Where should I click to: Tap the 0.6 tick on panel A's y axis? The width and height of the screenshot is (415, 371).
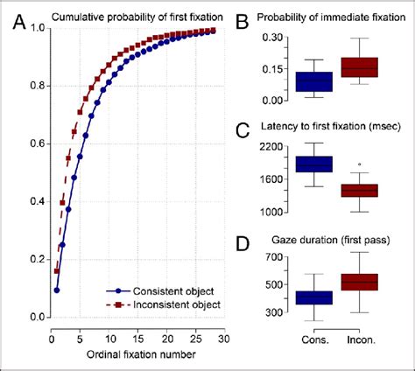(x=34, y=143)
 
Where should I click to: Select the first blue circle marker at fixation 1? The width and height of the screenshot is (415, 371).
(x=57, y=290)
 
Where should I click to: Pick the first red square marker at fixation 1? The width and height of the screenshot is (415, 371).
(x=57, y=271)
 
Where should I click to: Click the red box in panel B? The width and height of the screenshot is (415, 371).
(x=360, y=67)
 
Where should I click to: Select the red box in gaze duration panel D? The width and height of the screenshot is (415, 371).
(x=360, y=282)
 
